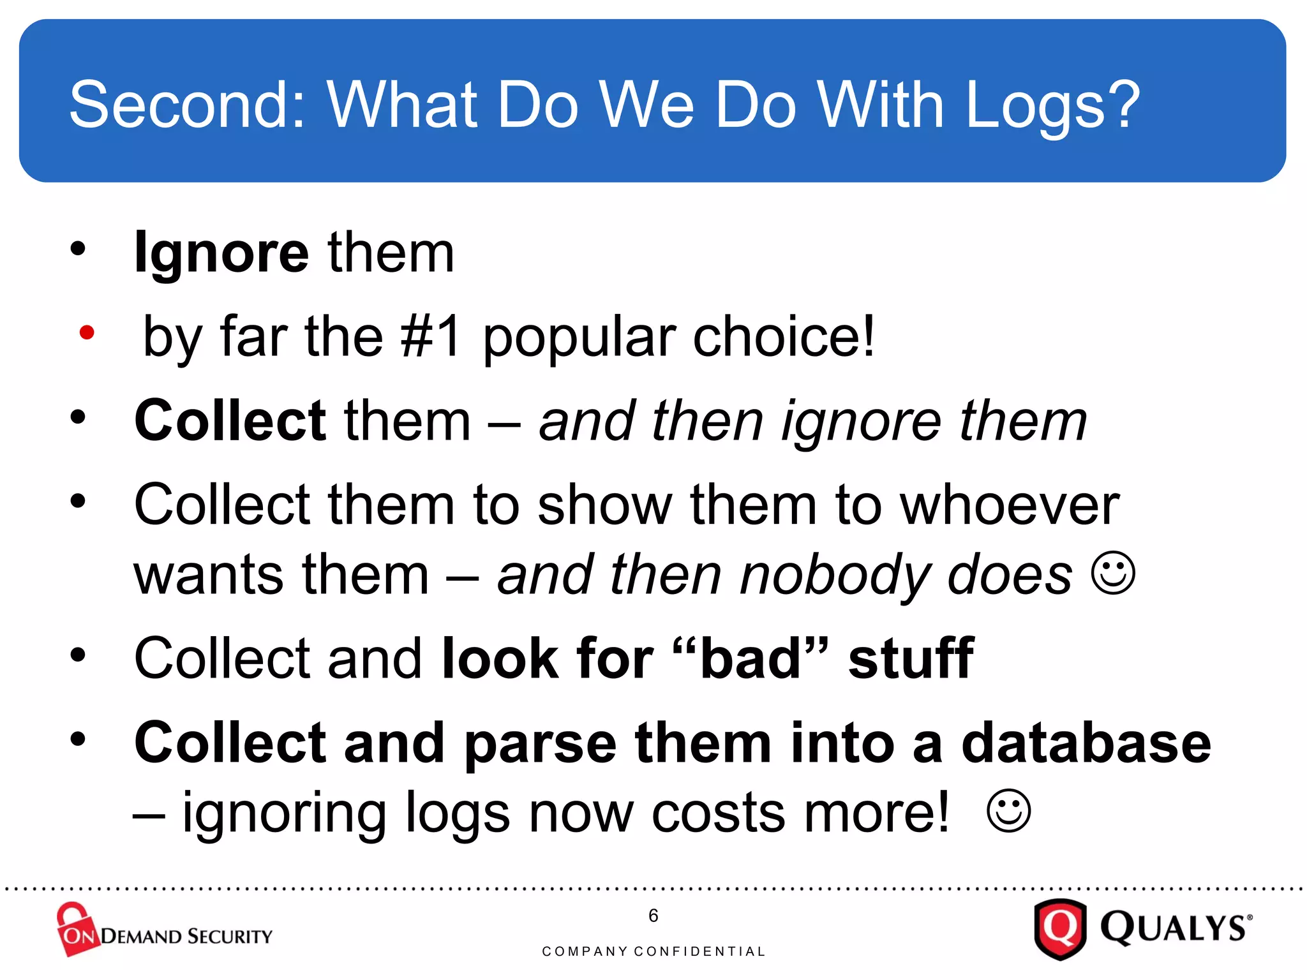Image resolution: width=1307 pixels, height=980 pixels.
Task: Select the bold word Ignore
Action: [221, 254]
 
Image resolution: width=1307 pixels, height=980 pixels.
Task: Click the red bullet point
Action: [87, 332]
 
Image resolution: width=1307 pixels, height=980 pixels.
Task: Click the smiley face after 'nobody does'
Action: [1113, 573]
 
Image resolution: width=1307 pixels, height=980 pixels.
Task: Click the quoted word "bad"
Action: [751, 659]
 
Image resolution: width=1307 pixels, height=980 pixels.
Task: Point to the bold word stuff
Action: [911, 659]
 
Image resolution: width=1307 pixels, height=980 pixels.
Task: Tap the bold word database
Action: [1086, 743]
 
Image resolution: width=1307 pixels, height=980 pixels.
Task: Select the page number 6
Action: [653, 916]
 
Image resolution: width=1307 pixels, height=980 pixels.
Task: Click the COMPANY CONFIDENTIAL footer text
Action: [653, 951]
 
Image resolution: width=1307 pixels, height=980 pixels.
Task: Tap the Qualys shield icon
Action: [1059, 928]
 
